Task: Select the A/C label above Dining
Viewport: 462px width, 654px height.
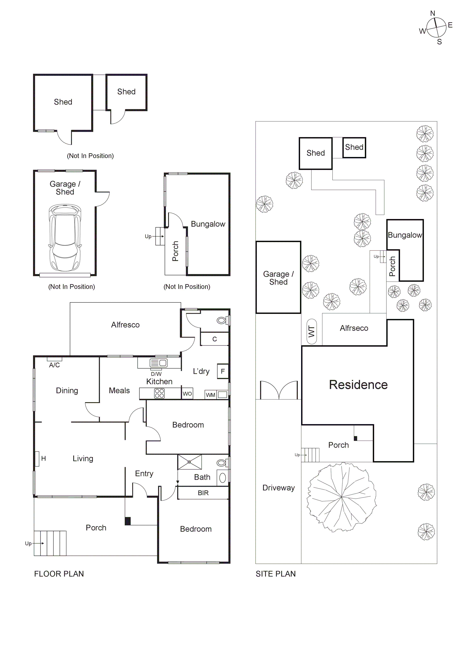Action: pyautogui.click(x=54, y=365)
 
